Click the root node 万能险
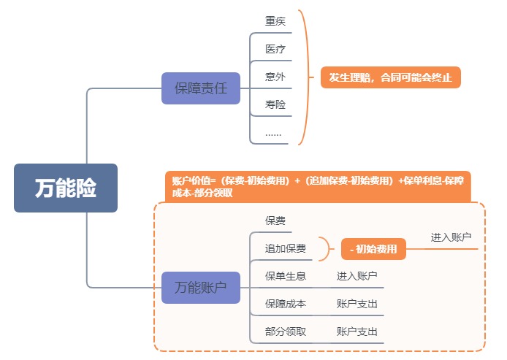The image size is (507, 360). coord(66,188)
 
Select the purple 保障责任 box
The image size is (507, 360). coord(201,88)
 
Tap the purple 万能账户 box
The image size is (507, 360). coord(201,288)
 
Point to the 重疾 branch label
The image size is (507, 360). coord(275,21)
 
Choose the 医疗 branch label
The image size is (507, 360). coord(275,49)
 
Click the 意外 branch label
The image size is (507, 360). coord(275,77)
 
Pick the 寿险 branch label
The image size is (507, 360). coord(275,104)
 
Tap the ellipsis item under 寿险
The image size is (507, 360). coord(273,133)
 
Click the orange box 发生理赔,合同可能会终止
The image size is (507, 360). coord(391,77)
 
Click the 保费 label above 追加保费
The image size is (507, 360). coord(275,220)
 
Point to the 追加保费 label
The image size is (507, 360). coord(286,248)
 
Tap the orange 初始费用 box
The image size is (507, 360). coord(373,249)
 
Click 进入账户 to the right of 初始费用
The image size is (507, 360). coord(451,237)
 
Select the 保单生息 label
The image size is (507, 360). coord(286,275)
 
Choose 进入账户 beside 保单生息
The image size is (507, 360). coord(357,275)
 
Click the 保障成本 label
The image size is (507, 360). coord(286,303)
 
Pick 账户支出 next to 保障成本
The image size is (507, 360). coord(357,303)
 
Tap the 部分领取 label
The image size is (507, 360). coord(286,332)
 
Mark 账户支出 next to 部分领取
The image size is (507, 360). coord(357,332)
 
